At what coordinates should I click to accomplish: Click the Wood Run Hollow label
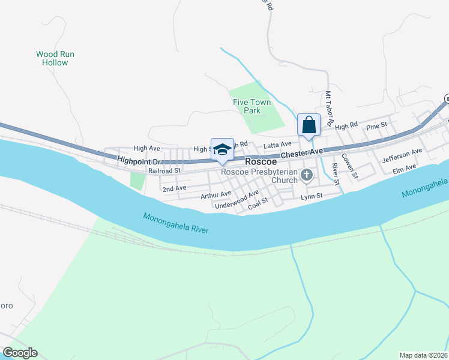pyautogui.click(x=55, y=58)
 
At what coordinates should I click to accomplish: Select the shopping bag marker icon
pyautogui.click(x=309, y=125)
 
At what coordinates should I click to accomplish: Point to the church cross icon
pyautogui.click(x=307, y=175)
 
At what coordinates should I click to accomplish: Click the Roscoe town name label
pyautogui.click(x=261, y=162)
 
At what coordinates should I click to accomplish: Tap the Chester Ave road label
pyautogui.click(x=303, y=154)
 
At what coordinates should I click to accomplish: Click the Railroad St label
pyautogui.click(x=164, y=171)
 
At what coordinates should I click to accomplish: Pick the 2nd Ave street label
pyautogui.click(x=174, y=188)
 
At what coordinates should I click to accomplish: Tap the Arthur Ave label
pyautogui.click(x=216, y=194)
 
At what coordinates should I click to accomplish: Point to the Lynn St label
pyautogui.click(x=312, y=196)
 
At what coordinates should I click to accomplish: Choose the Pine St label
pyautogui.click(x=377, y=126)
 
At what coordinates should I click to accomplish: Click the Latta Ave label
pyautogui.click(x=277, y=144)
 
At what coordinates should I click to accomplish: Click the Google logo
pyautogui.click(x=20, y=353)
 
